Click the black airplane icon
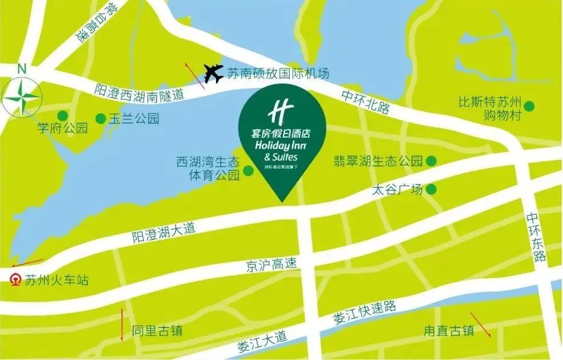pyautogui.click(x=213, y=73)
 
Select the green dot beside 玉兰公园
pyautogui.click(x=101, y=118)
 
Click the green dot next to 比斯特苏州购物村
pyautogui.click(x=530, y=106)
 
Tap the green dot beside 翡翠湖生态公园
pyautogui.click(x=430, y=161)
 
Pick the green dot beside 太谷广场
pyautogui.click(x=431, y=189)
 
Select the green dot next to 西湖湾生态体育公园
pyautogui.click(x=249, y=170)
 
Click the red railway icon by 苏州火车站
pyautogui.click(x=14, y=280)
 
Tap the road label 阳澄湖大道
pyautogui.click(x=163, y=231)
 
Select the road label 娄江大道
pyautogui.click(x=264, y=340)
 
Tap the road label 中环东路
pyautogui.click(x=537, y=238)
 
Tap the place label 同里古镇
pyautogui.click(x=157, y=331)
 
